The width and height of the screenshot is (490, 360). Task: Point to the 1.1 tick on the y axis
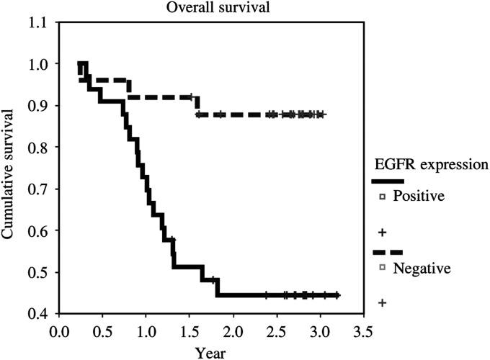(x=42, y=22)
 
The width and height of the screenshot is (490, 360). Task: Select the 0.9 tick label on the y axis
(x=42, y=106)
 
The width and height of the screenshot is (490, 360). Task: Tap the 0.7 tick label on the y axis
(x=42, y=189)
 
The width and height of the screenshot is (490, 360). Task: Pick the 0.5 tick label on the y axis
(x=42, y=273)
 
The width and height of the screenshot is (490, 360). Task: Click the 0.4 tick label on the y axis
(x=42, y=314)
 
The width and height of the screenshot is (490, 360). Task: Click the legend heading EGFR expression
(x=430, y=164)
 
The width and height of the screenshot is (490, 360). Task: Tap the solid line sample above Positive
(x=387, y=181)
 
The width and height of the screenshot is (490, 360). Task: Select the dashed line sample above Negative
(x=387, y=253)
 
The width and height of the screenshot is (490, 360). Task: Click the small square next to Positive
(x=383, y=196)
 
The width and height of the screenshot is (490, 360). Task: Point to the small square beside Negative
(x=383, y=268)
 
